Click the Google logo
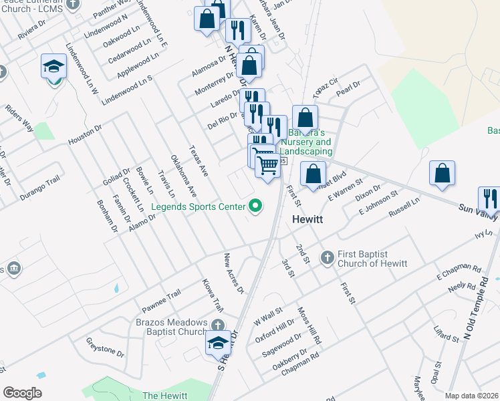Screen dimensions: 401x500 coord(22,393)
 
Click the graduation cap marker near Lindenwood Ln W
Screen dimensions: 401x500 coord(53,68)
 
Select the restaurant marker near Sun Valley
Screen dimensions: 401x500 coord(489,198)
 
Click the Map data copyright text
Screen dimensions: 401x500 coord(471,396)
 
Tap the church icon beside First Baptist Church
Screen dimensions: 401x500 coord(327,257)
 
